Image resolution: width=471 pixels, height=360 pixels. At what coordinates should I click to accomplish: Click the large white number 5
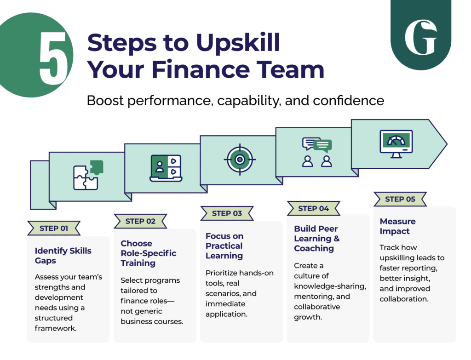click(x=53, y=58)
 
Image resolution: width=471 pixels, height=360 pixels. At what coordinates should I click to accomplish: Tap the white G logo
click(x=420, y=37)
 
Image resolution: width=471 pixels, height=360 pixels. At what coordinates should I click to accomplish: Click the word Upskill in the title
click(x=238, y=43)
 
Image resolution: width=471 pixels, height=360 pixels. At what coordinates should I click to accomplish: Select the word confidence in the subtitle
click(x=349, y=101)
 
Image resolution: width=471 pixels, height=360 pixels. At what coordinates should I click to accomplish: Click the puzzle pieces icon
click(x=88, y=175)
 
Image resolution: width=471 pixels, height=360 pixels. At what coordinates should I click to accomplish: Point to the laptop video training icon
click(x=166, y=168)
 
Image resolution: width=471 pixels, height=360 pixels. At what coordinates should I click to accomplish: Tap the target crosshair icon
click(x=240, y=160)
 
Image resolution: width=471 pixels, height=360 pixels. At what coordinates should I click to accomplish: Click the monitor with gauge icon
click(x=396, y=144)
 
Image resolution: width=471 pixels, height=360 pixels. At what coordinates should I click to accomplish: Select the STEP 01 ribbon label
click(x=54, y=228)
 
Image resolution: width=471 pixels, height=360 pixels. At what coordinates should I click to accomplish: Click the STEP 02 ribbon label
click(x=140, y=221)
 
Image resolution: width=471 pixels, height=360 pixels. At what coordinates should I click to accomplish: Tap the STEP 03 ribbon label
click(x=227, y=213)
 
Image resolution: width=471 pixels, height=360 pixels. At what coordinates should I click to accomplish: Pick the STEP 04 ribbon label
click(x=313, y=208)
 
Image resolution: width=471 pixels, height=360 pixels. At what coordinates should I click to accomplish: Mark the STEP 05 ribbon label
click(x=400, y=199)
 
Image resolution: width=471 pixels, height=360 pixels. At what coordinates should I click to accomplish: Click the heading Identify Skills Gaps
click(x=63, y=256)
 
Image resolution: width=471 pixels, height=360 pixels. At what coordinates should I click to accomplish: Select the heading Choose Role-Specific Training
click(x=149, y=253)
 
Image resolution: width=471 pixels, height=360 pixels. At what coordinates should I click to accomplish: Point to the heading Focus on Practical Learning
click(x=224, y=246)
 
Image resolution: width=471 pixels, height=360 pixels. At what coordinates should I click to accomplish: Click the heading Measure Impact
click(x=398, y=226)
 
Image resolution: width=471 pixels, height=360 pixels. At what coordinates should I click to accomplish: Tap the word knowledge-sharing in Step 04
click(x=330, y=286)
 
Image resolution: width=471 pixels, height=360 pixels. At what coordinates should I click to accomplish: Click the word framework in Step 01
click(x=55, y=328)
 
